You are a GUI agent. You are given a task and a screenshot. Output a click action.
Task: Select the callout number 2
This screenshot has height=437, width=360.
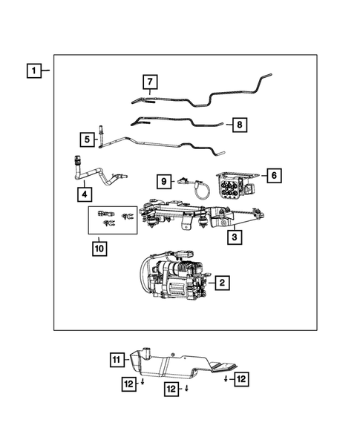[x=220, y=283]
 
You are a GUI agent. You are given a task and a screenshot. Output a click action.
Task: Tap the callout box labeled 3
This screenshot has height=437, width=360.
[x=234, y=237]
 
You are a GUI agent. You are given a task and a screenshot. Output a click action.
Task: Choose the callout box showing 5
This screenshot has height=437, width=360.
[x=87, y=138]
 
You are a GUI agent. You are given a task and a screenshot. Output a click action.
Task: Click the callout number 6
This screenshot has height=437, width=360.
[x=272, y=176]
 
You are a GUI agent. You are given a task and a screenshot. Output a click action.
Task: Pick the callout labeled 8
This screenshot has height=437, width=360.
[x=239, y=125]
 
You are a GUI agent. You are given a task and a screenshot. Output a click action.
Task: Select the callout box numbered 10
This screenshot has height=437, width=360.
[x=99, y=248]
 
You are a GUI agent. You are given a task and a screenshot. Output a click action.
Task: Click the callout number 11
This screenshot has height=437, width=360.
[x=116, y=361]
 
